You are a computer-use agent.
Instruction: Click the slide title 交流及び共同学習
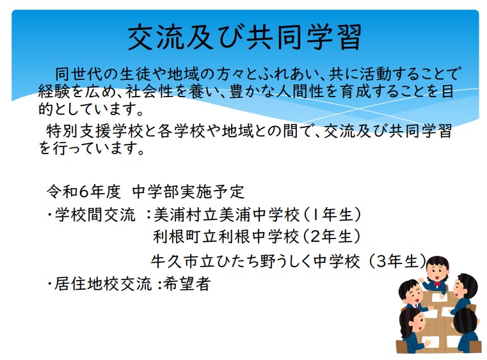[244, 37]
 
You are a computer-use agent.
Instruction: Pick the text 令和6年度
[84, 191]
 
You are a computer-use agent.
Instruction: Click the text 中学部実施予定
[188, 191]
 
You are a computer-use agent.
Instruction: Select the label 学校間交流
[95, 215]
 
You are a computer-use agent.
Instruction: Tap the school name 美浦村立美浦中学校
[227, 215]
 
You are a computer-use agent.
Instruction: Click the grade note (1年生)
[331, 215]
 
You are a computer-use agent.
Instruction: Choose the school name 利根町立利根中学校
[226, 237]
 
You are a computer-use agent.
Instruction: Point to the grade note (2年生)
[331, 237]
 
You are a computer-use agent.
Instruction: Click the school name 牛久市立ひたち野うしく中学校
[255, 262]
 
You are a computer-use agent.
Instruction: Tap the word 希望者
[187, 284]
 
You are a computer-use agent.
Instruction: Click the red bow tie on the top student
[437, 283]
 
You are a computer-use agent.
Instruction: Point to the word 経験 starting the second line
[54, 92]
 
